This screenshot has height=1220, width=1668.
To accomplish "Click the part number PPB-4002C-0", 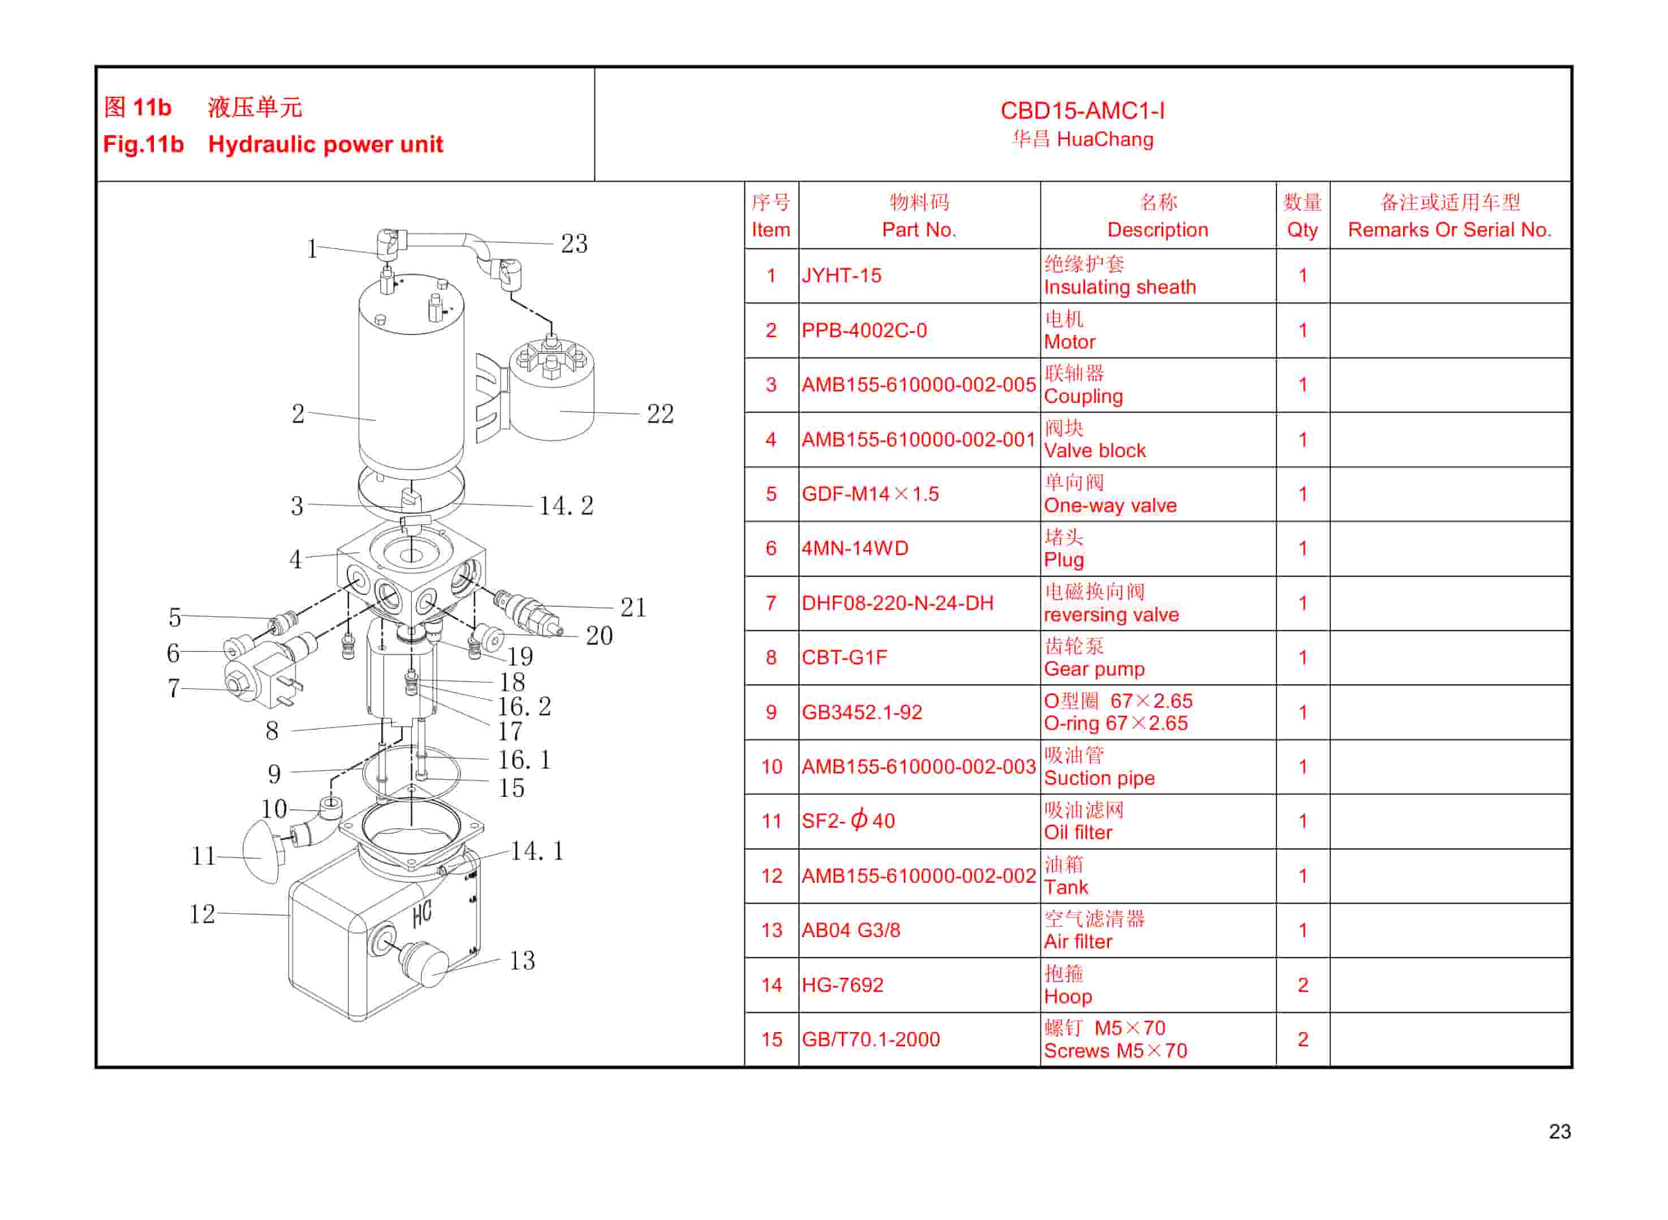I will tap(864, 330).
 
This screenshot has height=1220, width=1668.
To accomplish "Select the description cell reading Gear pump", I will tap(1094, 669).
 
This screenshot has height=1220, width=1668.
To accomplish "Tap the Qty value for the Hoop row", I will tap(1302, 985).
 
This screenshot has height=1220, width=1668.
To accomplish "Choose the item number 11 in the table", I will tap(771, 821).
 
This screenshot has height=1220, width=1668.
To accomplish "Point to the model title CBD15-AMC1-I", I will tap(1082, 111).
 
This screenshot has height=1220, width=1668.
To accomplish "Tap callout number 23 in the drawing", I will tap(574, 244).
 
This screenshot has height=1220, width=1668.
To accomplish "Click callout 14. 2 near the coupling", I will tap(566, 506).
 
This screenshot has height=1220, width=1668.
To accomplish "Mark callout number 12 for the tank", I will tap(201, 914).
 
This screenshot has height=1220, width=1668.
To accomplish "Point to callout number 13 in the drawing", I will tap(522, 960).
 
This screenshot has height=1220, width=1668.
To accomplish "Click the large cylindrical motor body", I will tap(411, 384).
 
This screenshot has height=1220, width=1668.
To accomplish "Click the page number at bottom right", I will tap(1559, 1131).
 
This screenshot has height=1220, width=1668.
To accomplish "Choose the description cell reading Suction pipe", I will tap(1099, 779).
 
